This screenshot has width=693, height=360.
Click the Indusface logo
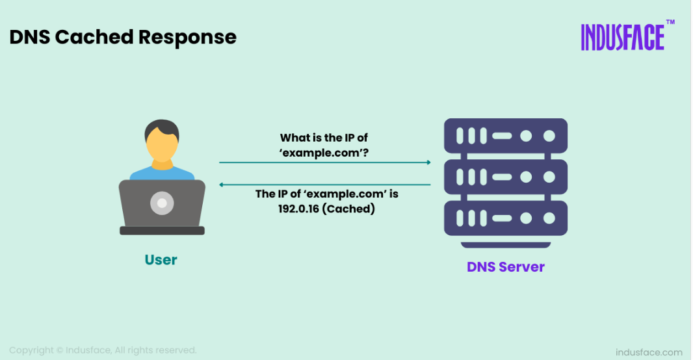pos(623,37)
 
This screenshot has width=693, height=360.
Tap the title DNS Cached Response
pos(123,37)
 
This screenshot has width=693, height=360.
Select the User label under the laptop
pos(161,260)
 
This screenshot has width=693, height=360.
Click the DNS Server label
pos(506,267)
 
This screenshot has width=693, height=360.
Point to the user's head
pos(162,140)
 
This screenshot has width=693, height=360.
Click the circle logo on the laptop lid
pos(163,203)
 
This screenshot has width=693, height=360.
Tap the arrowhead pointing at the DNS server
pos(428,162)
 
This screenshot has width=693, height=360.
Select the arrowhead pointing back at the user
pos(222,185)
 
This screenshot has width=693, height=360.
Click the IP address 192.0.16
pos(298,209)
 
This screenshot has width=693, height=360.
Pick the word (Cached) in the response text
pos(348,209)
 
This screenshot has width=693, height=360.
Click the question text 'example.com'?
pos(324,153)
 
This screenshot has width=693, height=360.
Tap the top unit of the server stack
pos(506,136)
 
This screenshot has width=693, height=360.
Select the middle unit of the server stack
pos(506,177)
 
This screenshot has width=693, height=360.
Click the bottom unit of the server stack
pos(506,218)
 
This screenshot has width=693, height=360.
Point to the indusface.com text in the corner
pos(649,352)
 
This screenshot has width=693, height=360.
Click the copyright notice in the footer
pos(103,350)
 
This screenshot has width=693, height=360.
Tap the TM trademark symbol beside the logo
pos(670,22)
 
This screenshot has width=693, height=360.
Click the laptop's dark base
pos(163,231)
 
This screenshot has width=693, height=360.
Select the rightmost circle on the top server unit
pos(549,136)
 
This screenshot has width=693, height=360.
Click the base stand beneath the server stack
pos(506,245)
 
